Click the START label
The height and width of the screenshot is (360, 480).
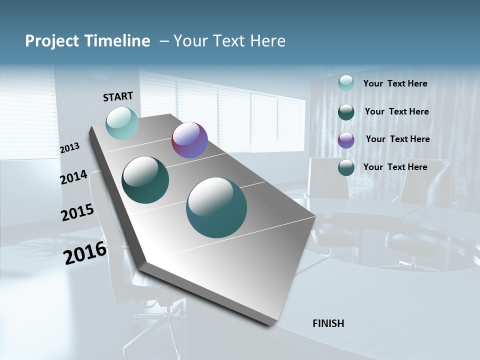point(118,96)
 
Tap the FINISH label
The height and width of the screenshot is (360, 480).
point(328,323)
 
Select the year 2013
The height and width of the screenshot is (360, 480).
point(69,147)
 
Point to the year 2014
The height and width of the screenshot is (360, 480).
point(73,177)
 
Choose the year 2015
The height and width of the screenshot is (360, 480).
point(77,212)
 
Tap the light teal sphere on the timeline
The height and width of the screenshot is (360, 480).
point(122,123)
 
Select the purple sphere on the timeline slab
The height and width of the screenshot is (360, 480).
point(189,140)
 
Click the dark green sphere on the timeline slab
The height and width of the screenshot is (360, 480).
point(145,180)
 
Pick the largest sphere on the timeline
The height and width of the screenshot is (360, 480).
point(216,207)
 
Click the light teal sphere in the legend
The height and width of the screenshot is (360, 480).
point(346,83)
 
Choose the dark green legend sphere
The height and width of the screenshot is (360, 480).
point(346,112)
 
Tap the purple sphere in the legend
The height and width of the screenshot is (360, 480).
point(346,140)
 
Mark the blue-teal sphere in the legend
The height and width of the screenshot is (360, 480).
point(346,167)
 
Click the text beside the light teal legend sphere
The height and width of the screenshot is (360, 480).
point(395,83)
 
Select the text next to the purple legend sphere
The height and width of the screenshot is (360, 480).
point(397,139)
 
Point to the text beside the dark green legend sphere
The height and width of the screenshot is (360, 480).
point(396,111)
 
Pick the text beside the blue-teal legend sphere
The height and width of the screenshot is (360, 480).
point(395,167)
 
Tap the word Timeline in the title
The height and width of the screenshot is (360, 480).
point(119,41)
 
